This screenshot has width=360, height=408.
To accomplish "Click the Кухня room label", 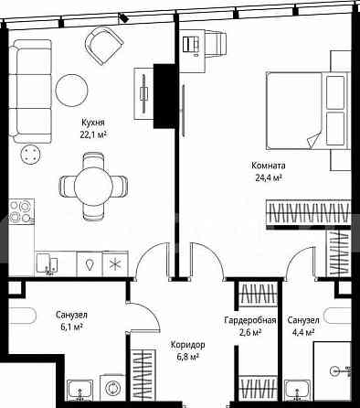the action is [93, 123].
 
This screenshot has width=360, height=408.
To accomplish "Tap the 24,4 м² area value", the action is [268, 177].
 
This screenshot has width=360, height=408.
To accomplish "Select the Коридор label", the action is [187, 345].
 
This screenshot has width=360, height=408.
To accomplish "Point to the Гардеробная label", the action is [250, 320].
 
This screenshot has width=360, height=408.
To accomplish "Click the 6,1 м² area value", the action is [71, 327].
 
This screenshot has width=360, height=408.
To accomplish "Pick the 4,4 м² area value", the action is [302, 332].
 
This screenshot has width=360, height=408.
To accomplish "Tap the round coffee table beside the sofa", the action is [71, 91].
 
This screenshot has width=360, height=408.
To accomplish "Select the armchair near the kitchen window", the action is [104, 46].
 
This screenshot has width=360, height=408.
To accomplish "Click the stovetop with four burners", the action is [21, 211].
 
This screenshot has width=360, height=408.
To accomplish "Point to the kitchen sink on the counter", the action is [47, 263].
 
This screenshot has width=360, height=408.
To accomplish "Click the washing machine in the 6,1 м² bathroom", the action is [112, 388].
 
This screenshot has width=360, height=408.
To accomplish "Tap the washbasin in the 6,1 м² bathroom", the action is [79, 391].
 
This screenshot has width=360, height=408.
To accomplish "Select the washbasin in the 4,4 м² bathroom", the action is [297, 391].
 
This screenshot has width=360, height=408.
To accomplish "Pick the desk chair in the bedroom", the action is [217, 43].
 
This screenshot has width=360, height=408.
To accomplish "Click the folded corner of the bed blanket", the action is [313, 141].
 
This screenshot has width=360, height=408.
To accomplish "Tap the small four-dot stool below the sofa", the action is [30, 155].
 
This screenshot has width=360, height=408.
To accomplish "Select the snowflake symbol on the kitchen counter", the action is [115, 264].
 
